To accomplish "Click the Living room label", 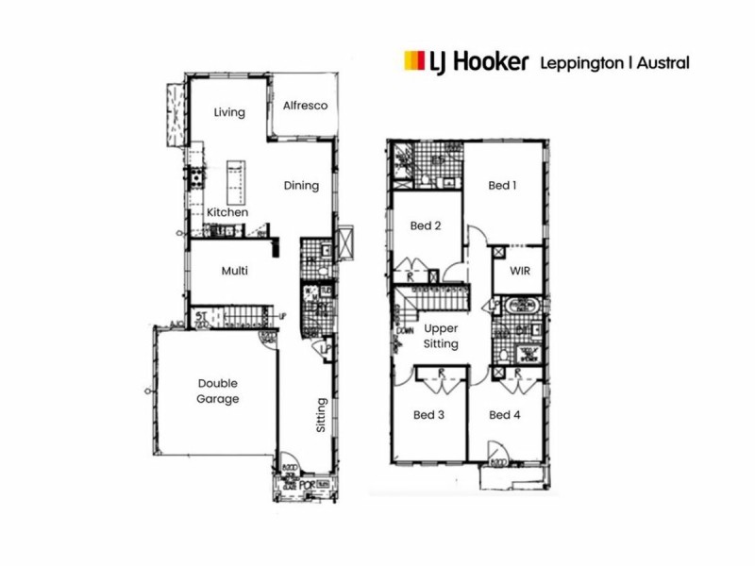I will (x=229, y=112).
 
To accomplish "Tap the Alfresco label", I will (x=305, y=106).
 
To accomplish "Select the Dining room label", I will (x=301, y=186).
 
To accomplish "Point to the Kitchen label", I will (x=227, y=212).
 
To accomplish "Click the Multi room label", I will (x=234, y=271).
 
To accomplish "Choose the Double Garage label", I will (x=218, y=391).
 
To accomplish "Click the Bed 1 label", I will (x=502, y=186).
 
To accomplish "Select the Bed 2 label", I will (x=427, y=225).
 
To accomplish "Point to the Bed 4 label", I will (x=505, y=415).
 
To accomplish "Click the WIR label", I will (x=518, y=272).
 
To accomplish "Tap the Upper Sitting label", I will (x=441, y=336).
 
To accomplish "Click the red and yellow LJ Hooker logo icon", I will (x=411, y=62).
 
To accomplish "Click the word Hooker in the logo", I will (x=490, y=62).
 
